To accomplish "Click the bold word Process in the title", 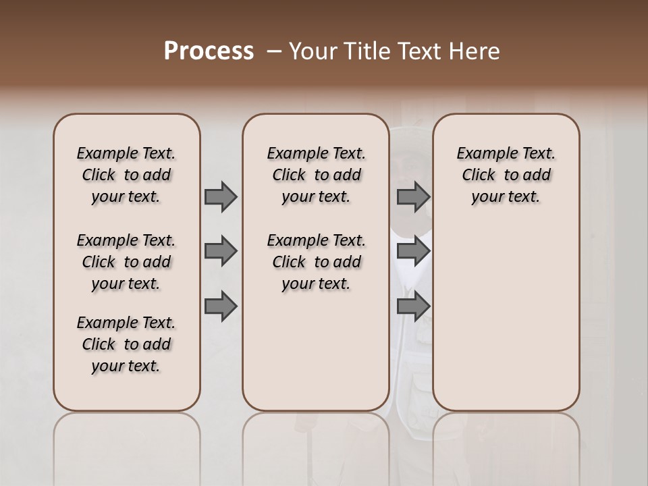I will click(x=209, y=51).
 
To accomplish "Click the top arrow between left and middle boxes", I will click(x=221, y=196).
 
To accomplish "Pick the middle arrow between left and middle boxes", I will click(x=221, y=251).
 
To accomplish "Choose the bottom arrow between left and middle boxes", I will click(x=221, y=306).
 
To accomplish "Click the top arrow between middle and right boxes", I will click(x=413, y=196).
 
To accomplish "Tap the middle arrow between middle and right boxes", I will click(x=413, y=251).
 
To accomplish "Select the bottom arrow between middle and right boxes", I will click(x=413, y=306).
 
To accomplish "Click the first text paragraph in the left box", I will click(x=126, y=175).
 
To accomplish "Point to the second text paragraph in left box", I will click(x=126, y=262).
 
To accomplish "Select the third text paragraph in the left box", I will click(x=126, y=344).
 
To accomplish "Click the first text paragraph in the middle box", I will click(x=317, y=175).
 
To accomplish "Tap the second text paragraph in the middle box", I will click(x=317, y=262).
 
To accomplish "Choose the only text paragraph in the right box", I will click(x=506, y=175).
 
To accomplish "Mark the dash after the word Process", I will click(x=273, y=51).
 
